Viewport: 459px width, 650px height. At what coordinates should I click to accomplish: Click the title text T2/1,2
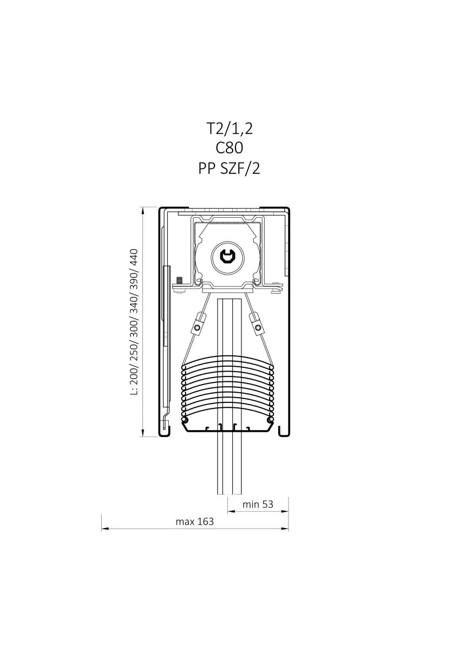coord(229,128)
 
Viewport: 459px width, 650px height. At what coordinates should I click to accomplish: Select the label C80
coord(229,148)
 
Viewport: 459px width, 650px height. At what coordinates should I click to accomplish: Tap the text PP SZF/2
coord(229,168)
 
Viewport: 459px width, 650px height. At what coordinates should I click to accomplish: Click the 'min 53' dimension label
coord(258,504)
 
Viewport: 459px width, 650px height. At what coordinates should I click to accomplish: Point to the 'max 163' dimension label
coord(194,522)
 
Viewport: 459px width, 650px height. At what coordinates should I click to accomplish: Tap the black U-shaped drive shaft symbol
coord(228,257)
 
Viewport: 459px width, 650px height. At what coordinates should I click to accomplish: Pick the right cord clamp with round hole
coord(257,324)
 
